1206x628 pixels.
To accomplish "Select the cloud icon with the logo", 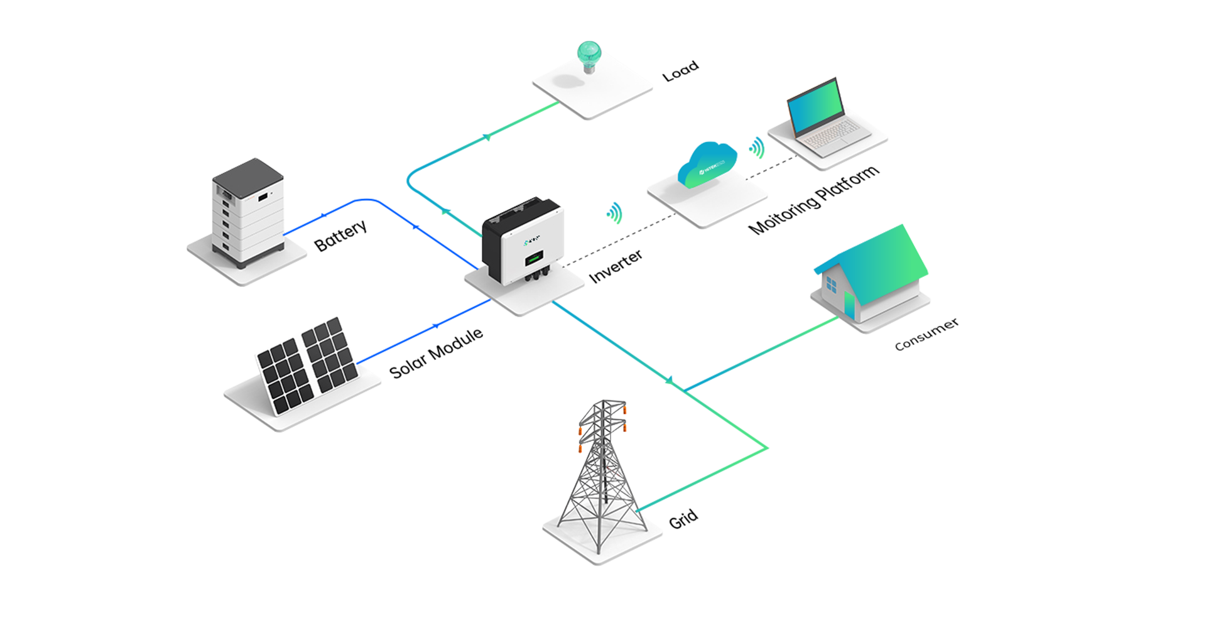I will (709, 167).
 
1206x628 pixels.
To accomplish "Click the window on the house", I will (830, 286).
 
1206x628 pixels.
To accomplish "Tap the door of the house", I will (850, 306).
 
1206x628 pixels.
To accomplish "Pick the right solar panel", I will (330, 355).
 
